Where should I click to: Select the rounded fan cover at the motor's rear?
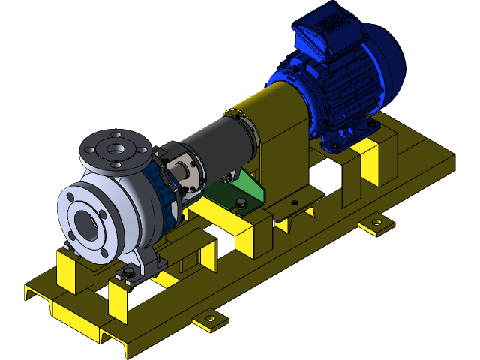click(386, 67)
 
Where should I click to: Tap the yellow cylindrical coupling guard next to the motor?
click(270, 112)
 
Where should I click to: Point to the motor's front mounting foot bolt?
click(331, 141)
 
